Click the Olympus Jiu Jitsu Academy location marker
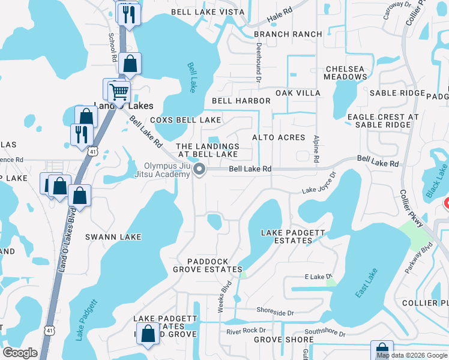[x=200, y=170]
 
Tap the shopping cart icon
[x=119, y=91]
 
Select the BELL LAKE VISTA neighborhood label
[x=208, y=12]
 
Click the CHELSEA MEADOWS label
[x=345, y=73]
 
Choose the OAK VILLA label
[x=298, y=94]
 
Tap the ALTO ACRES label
[x=279, y=137]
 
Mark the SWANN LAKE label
[x=113, y=237]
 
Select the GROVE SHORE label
[x=276, y=340]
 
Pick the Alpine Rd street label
[x=316, y=148]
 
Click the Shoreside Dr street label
[x=275, y=313]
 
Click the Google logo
[x=20, y=353]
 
